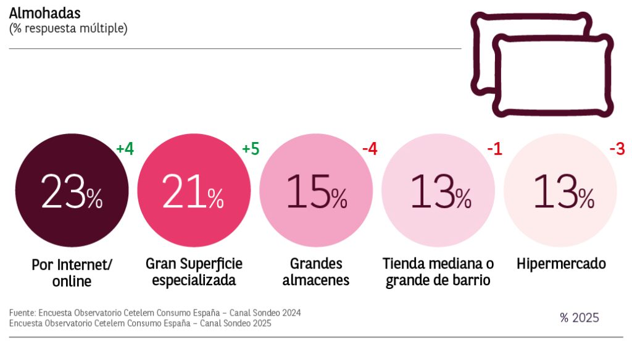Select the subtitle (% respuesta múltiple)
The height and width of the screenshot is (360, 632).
69,28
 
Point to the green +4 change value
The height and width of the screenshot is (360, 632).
125,149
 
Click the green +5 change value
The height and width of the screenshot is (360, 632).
250,149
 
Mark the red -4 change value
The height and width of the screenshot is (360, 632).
369,149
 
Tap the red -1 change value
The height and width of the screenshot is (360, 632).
494,149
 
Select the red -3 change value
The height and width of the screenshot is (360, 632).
616,149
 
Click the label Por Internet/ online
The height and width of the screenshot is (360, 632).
72,273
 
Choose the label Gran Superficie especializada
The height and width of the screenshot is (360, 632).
194,272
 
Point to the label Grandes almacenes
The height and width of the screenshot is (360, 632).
316,272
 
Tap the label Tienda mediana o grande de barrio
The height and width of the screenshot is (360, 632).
438,272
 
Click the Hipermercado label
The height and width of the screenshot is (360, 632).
561,264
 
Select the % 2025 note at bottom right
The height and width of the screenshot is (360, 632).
579,318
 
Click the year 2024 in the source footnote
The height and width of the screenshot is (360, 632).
289,312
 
